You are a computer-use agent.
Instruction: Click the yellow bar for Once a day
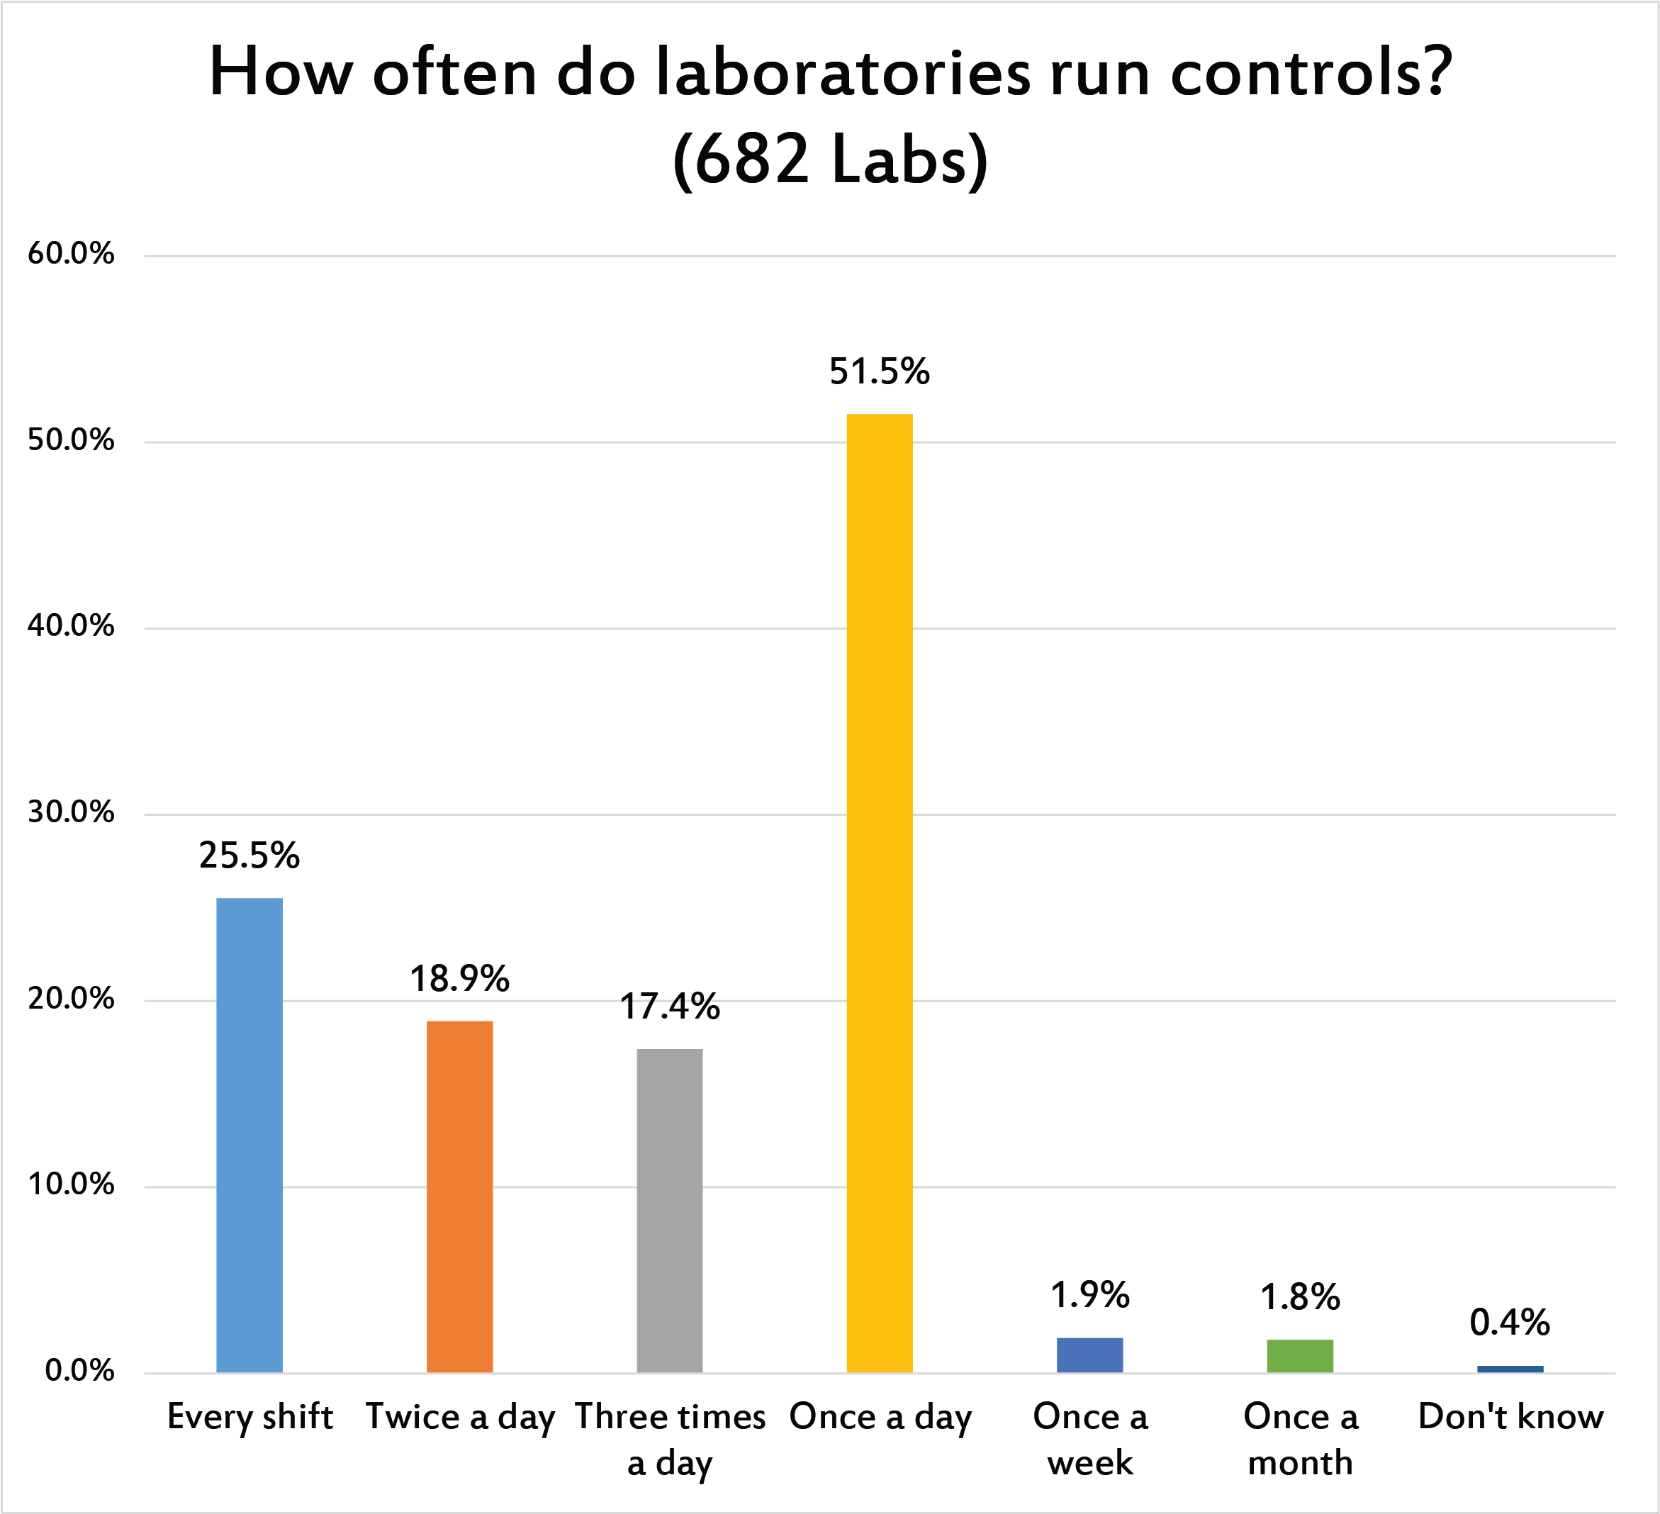(880, 892)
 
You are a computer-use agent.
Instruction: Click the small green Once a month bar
(1299, 1356)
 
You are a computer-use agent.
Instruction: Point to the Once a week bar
(1089, 1355)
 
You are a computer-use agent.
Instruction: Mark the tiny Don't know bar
(1510, 1369)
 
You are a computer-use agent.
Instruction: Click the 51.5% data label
(880, 371)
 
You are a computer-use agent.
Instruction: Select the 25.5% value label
(249, 856)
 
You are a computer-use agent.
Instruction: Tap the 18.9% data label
(459, 979)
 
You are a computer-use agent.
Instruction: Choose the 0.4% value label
(1510, 1322)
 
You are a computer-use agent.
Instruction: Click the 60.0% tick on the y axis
(71, 254)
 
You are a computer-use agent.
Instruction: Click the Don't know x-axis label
(1510, 1417)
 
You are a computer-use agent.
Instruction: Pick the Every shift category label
(249, 1417)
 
